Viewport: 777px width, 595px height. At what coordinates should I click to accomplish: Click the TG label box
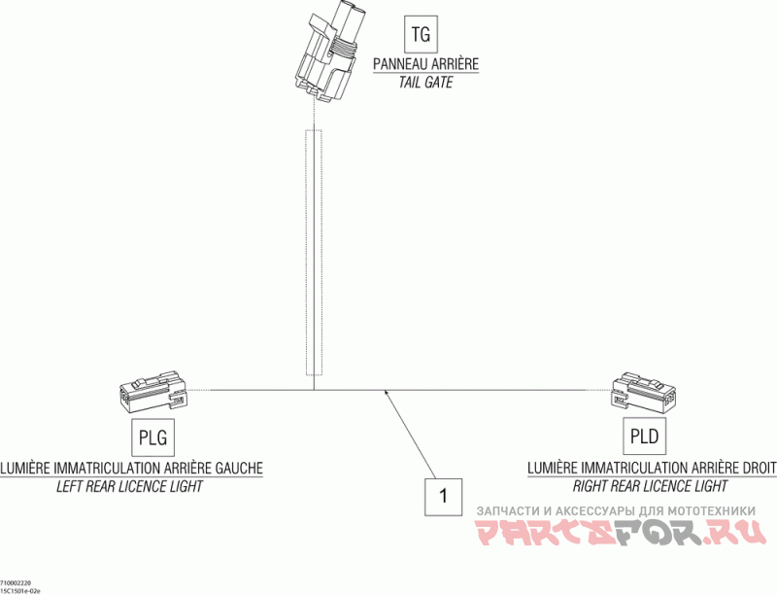[421, 36]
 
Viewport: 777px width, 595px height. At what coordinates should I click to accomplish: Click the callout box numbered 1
[444, 496]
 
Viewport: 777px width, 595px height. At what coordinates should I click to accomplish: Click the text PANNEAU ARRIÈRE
[426, 65]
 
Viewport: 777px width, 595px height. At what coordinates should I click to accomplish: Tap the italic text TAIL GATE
[426, 83]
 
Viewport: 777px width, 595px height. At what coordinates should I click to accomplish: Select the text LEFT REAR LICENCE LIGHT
[130, 486]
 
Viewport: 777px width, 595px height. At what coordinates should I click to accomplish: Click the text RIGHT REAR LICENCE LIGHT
[650, 486]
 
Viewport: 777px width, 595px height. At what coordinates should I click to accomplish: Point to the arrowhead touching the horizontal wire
[388, 393]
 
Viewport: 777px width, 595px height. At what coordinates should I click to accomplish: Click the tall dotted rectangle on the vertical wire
[313, 253]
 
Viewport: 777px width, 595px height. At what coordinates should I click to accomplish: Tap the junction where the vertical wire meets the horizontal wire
[313, 390]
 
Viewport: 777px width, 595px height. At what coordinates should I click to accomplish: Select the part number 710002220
[17, 581]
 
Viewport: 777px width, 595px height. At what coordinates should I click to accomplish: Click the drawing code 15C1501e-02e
[21, 589]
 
